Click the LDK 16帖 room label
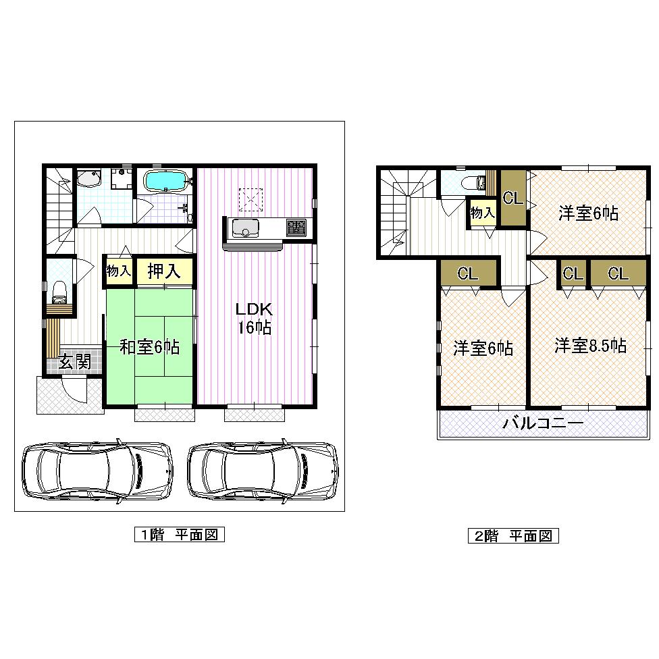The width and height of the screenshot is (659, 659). click(x=253, y=319)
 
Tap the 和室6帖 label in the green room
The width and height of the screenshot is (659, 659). click(x=149, y=347)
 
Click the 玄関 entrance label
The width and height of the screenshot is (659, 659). click(x=74, y=361)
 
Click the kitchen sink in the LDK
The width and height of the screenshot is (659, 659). click(x=243, y=228)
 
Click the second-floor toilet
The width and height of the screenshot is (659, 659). click(x=472, y=182)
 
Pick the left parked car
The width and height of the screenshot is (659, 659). click(x=96, y=471)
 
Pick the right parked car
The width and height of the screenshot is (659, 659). click(x=263, y=471)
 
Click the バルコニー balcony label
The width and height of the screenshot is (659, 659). click(x=543, y=424)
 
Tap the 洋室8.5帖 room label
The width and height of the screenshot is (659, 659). click(x=590, y=346)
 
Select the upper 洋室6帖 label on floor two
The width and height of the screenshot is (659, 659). click(x=588, y=213)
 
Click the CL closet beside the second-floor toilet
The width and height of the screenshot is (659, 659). click(x=512, y=199)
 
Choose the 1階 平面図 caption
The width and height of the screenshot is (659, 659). click(x=179, y=535)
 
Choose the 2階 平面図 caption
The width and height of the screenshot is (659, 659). click(x=513, y=536)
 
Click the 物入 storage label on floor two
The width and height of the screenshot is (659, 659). click(x=482, y=213)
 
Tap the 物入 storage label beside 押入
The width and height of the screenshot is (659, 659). click(x=118, y=271)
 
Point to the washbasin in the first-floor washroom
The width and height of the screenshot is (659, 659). click(x=88, y=179)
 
